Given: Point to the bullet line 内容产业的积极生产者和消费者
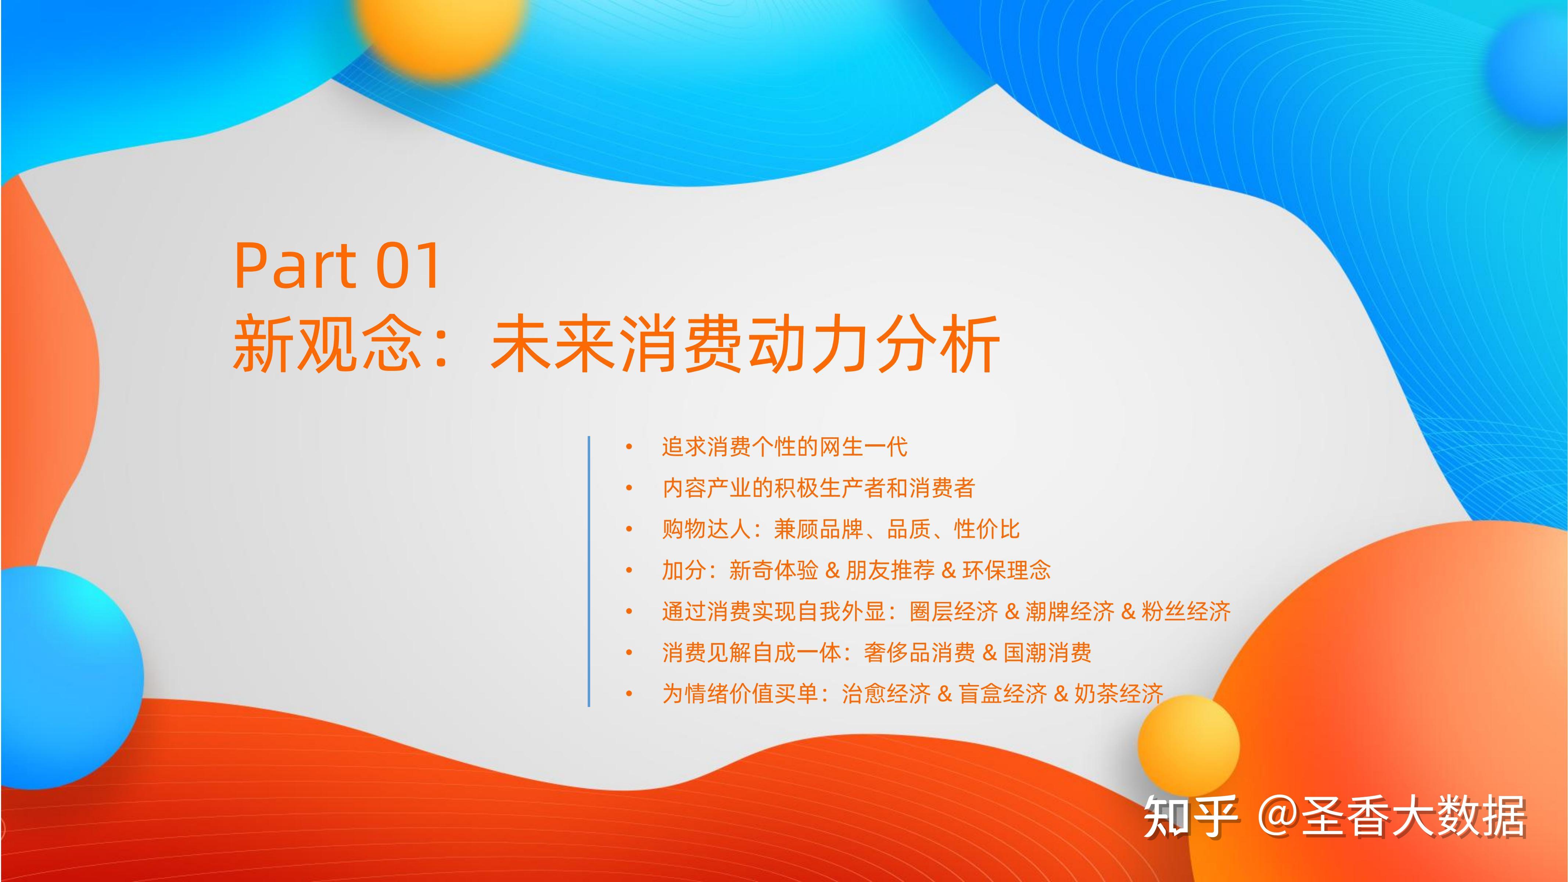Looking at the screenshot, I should coord(819,488).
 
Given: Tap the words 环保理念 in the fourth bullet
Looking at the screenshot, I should coord(1007,570).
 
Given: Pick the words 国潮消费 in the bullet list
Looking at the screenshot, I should coord(1048,653).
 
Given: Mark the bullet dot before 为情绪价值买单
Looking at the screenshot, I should coord(629,694).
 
